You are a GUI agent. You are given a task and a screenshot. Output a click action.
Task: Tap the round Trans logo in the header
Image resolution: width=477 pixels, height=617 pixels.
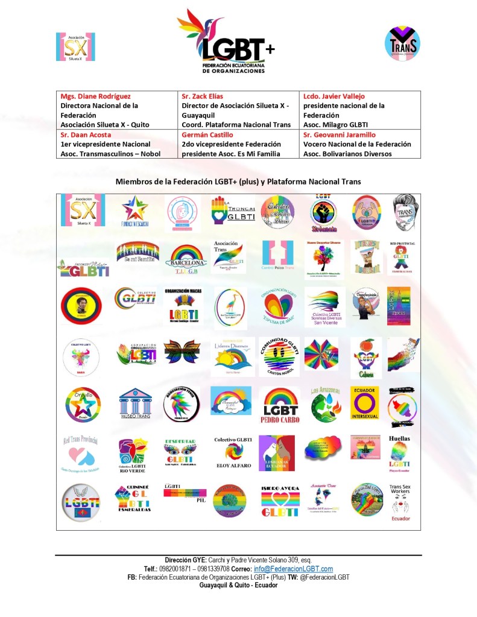coord(402,43)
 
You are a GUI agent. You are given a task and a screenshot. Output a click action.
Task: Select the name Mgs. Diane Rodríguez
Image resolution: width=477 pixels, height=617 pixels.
coord(95,97)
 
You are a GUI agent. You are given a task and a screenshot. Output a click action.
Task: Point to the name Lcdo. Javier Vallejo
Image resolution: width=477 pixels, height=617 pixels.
coord(334,97)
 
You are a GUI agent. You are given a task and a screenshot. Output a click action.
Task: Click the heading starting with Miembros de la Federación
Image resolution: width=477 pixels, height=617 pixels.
coord(238,182)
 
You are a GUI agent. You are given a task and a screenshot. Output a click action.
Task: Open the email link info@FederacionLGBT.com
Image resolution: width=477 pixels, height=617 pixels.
coord(302,569)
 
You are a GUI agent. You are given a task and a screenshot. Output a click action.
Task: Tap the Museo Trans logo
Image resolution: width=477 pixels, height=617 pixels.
coord(136,404)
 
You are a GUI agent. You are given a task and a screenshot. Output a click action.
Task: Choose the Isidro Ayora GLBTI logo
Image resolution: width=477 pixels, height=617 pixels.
coord(280,501)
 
